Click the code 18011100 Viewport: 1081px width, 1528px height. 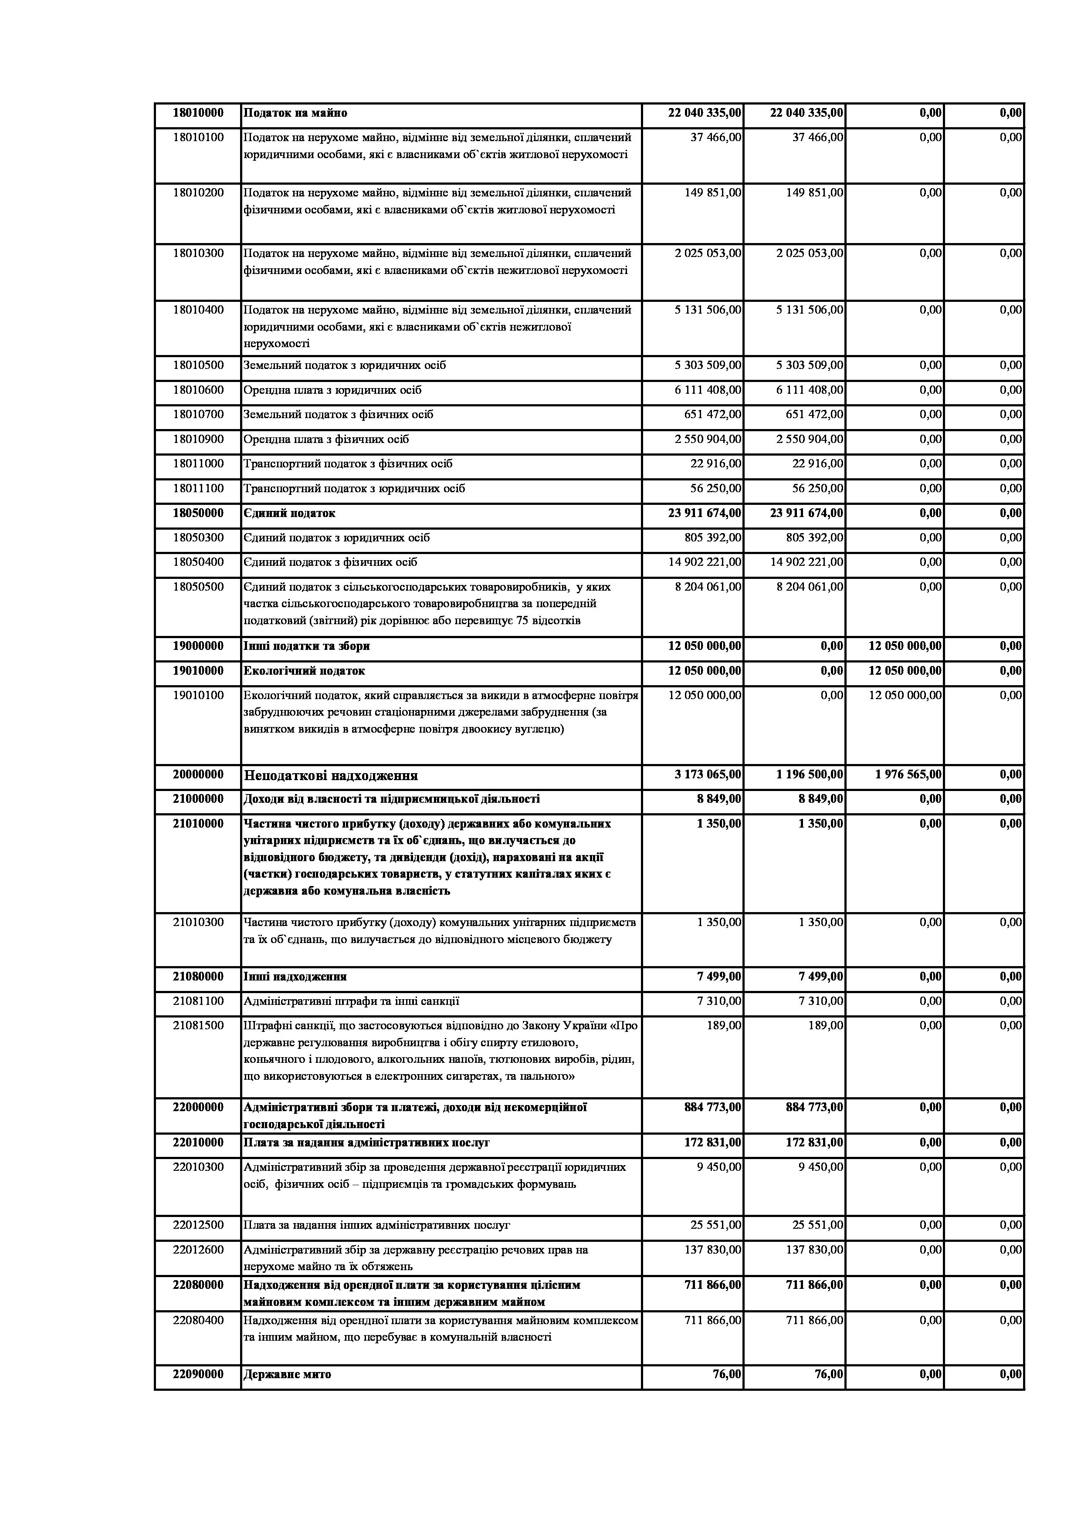coord(198,488)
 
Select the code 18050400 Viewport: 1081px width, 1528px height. coord(198,562)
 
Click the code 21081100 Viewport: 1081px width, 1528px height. coord(198,1001)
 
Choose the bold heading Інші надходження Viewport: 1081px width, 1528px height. coord(295,976)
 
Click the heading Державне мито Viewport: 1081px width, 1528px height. coord(287,1374)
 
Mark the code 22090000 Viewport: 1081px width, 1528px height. coord(198,1374)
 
